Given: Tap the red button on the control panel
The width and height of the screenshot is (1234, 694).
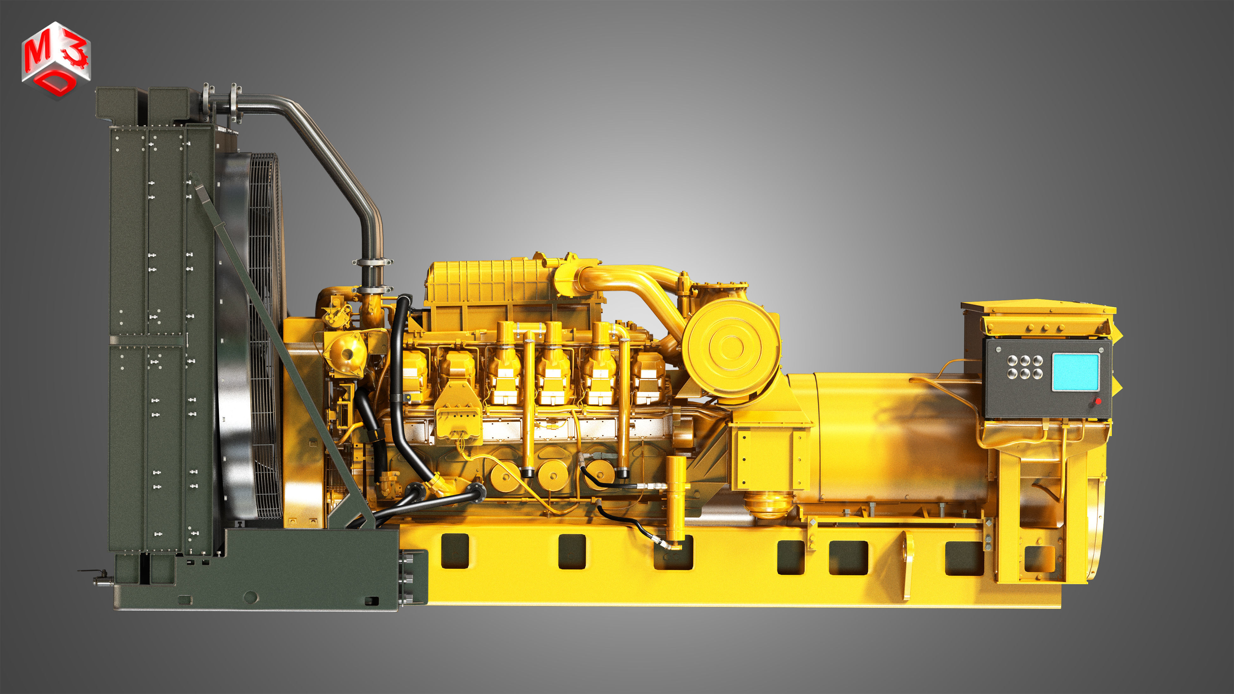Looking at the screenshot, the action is tap(1098, 401).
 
